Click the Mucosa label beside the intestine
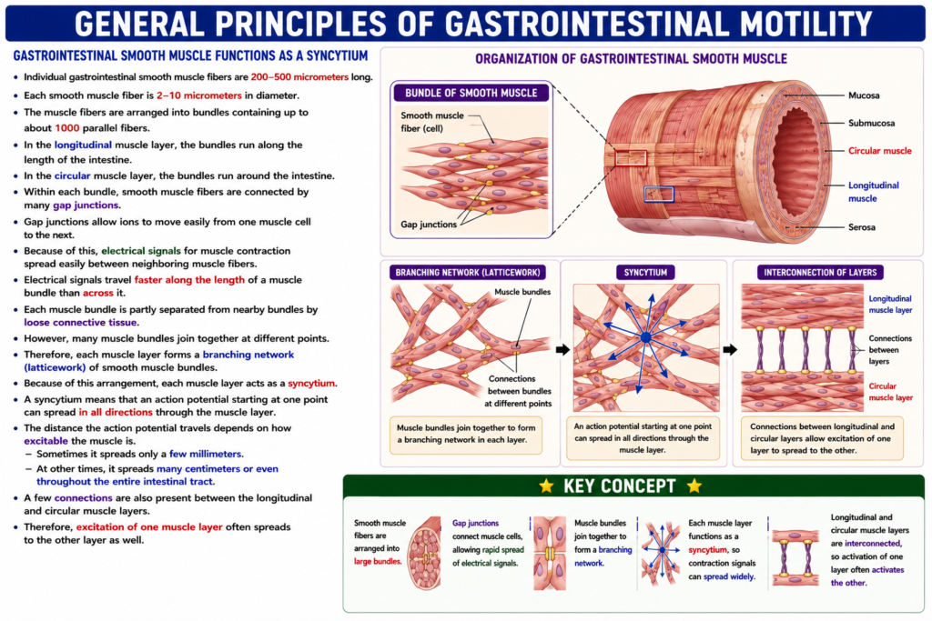(x=864, y=95)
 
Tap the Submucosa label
(x=871, y=123)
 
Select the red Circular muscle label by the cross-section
(x=880, y=151)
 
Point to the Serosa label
(x=861, y=226)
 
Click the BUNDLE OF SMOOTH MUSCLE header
(x=471, y=93)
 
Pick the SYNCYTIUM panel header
(x=645, y=273)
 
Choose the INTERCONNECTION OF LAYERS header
(x=820, y=273)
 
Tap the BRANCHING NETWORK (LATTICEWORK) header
(x=467, y=273)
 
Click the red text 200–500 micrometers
(x=299, y=77)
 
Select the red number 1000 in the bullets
(x=67, y=128)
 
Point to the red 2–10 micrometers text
(x=199, y=95)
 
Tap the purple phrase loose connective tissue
(x=81, y=323)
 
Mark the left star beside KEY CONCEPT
(x=546, y=486)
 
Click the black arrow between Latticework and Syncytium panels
(x=562, y=350)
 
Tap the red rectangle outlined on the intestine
(x=631, y=158)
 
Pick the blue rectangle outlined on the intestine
(x=659, y=194)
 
